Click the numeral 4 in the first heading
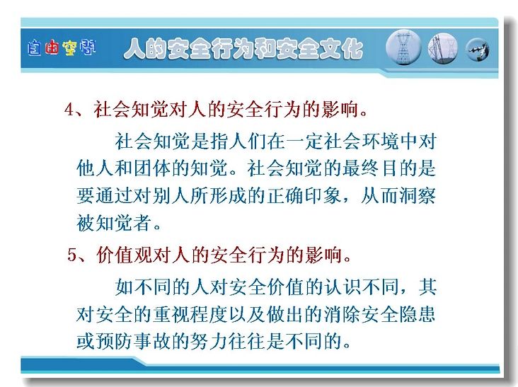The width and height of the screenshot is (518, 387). tap(70, 109)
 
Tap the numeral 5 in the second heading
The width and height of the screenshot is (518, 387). tap(72, 255)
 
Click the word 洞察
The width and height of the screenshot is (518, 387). tap(418, 195)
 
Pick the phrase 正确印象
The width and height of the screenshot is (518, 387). tap(304, 195)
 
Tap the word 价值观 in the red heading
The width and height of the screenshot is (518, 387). tap(125, 255)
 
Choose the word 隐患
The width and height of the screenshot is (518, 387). tap(418, 313)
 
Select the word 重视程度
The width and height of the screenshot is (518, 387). tap(190, 313)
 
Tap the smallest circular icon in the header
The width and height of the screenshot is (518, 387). tap(478, 50)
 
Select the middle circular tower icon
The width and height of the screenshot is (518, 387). tap(443, 49)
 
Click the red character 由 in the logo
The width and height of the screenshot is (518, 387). tap(52, 48)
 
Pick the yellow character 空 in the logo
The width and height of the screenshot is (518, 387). tap(70, 48)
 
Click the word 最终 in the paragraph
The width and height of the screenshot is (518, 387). tap(361, 168)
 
